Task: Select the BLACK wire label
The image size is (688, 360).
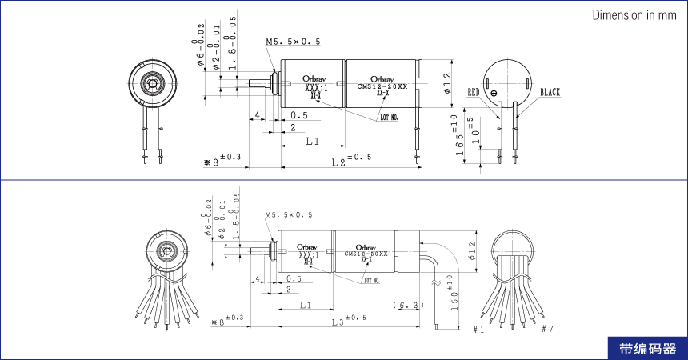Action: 550,92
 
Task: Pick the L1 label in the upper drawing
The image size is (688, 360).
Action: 313,142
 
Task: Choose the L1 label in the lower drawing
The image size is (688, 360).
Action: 306,306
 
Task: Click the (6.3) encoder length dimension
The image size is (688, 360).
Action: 408,306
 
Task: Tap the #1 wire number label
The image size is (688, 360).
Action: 479,329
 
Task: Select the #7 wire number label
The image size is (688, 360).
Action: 547,329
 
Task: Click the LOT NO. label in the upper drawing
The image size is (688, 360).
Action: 390,118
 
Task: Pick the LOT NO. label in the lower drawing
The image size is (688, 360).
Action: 372,281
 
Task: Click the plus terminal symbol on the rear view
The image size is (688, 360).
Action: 494,94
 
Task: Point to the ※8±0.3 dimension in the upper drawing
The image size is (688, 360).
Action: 222,161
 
